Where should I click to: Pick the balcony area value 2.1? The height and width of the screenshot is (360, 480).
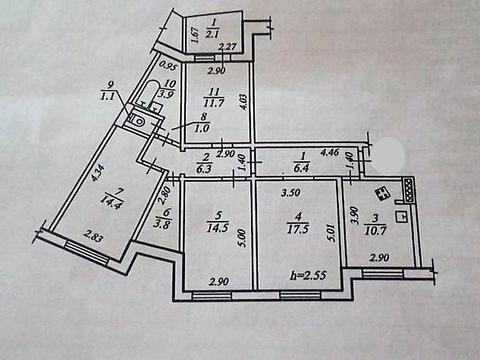coord(212,33)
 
